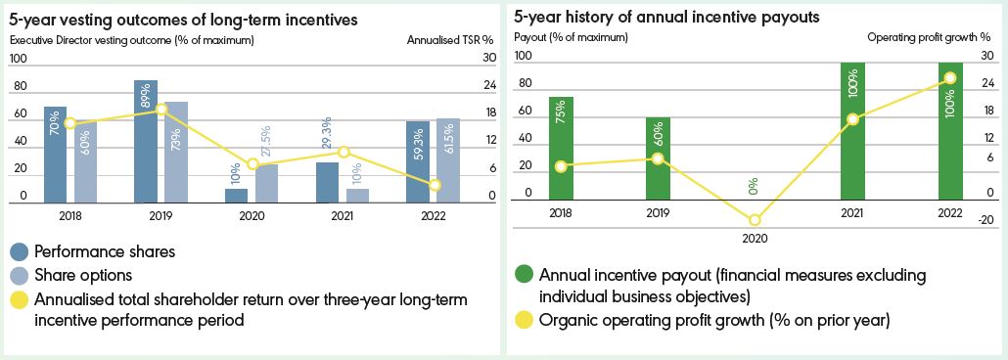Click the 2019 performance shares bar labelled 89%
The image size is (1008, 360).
146,142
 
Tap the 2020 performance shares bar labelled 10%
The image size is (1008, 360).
237,196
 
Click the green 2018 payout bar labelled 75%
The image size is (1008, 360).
561,149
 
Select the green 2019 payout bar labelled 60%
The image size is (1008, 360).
659,158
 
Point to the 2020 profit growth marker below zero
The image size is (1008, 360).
755,220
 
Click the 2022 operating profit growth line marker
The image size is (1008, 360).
950,78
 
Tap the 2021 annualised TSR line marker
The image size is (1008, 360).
344,152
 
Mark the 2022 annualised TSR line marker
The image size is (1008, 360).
435,185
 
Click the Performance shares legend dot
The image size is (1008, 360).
20,251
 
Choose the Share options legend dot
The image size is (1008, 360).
20,275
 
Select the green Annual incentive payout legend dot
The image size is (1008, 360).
524,276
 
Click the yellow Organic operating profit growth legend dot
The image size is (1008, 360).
524,320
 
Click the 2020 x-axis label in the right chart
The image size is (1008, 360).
755,238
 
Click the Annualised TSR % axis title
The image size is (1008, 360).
450,40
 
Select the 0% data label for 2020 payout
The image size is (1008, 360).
754,187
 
